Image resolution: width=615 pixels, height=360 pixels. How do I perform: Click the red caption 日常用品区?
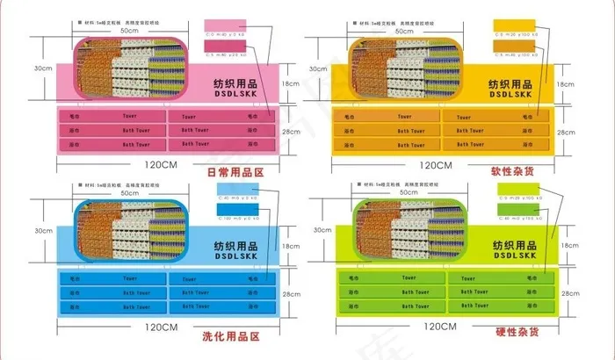[x=235, y=173]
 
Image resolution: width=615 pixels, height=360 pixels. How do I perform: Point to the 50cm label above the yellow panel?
[x=404, y=31]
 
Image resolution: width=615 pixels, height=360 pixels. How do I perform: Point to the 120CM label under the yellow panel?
[x=435, y=164]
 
